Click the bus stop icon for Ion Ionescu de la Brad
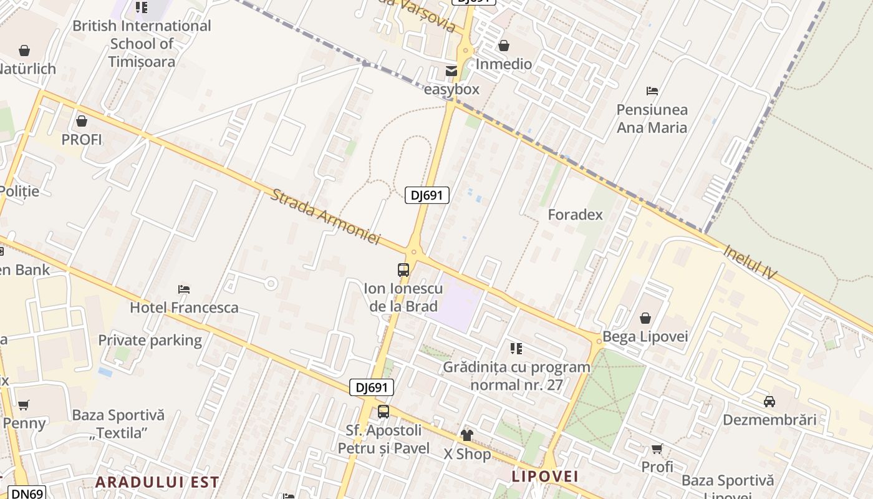tap(403, 270)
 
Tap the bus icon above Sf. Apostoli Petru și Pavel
tap(383, 412)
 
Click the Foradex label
tap(575, 215)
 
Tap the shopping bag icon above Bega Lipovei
tap(645, 318)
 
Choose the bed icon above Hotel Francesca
tap(184, 289)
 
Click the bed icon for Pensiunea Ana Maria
tap(652, 91)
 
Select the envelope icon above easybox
tap(451, 71)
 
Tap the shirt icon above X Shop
tap(467, 435)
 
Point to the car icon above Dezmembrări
tap(769, 401)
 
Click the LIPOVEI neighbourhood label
tap(545, 477)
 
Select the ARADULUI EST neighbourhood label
tap(157, 482)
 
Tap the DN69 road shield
tap(27, 493)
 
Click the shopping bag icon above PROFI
tap(81, 121)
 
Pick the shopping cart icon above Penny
tap(24, 405)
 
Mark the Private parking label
tap(150, 340)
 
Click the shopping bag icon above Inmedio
tap(504, 46)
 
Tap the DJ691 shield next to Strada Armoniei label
tap(427, 195)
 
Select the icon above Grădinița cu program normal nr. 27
tap(516, 348)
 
